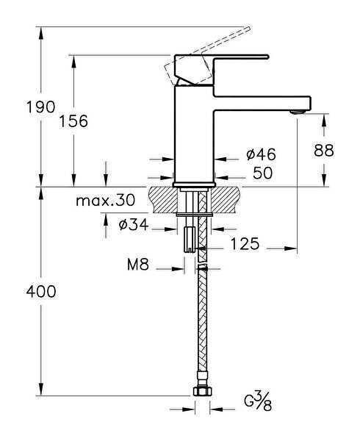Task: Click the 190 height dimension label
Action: tap(40, 107)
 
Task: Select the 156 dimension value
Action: tap(73, 121)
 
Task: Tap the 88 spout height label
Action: tap(324, 151)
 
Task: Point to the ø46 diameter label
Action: tap(261, 154)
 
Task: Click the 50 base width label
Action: tap(263, 173)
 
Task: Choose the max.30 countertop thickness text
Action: tap(106, 200)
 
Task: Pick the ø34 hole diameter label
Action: tap(134, 225)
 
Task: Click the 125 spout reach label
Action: tap(245, 244)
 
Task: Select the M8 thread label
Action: tap(138, 265)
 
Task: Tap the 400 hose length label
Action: tap(41, 292)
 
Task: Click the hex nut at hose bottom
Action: tap(203, 391)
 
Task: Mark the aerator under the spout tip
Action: tap(298, 112)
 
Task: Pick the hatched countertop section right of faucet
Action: tap(226, 200)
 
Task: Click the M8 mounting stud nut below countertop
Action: tap(190, 240)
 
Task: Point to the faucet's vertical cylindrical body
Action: tap(194, 135)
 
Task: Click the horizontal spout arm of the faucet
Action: tap(262, 103)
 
